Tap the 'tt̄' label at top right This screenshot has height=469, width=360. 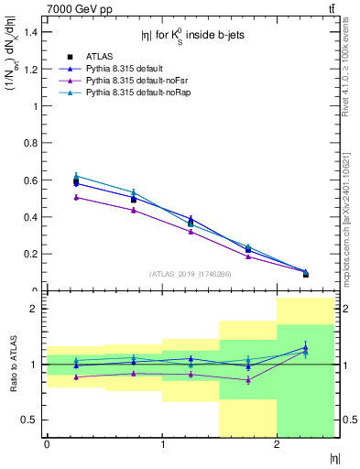tap(331, 8)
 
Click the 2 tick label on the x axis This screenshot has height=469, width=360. tap(277, 444)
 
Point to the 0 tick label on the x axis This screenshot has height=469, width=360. tap(47, 444)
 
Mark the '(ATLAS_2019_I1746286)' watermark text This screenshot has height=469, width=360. tap(191, 273)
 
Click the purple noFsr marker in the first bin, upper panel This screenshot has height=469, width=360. tap(76, 197)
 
